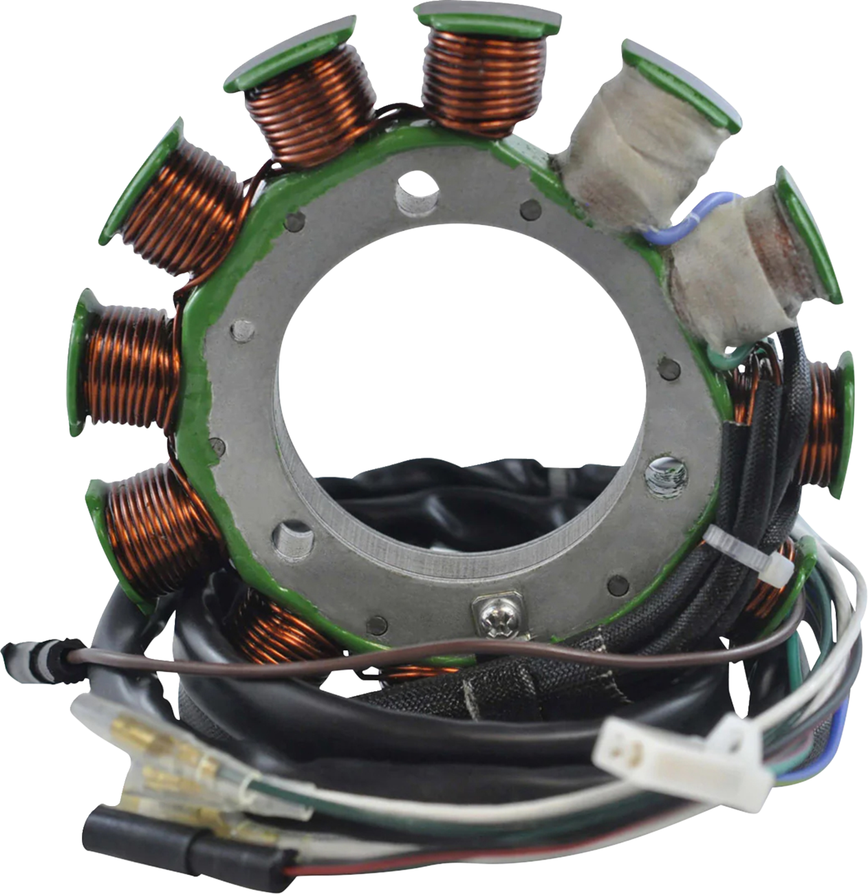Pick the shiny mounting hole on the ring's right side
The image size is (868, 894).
click(x=666, y=475)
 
